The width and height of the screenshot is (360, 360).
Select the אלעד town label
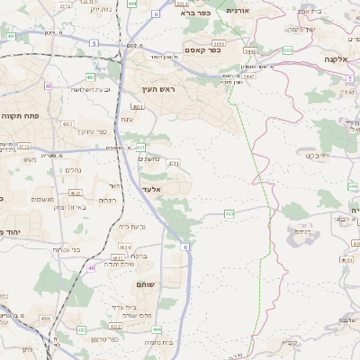pyautogui.click(x=151, y=190)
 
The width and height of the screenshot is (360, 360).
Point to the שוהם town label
pyautogui.click(x=146, y=284)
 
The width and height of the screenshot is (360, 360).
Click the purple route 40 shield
pyautogui.click(x=49, y=86)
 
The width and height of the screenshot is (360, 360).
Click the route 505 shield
pyautogui.click(x=286, y=50)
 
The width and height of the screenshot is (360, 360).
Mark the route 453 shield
pyautogui.click(x=82, y=329)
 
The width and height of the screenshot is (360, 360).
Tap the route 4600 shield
pyautogui.click(x=45, y=318)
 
